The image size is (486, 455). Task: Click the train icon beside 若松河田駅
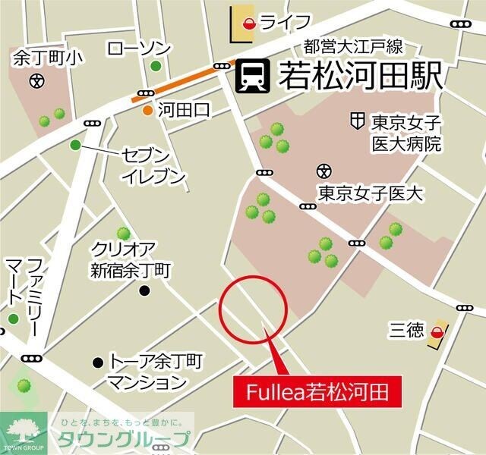pyautogui.click(x=251, y=76)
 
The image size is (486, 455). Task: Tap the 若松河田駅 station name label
pyautogui.click(x=356, y=76)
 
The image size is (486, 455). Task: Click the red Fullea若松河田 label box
pyautogui.click(x=314, y=392)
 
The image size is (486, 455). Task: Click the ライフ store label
pyautogui.click(x=286, y=22)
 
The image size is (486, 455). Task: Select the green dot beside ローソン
pyautogui.click(x=156, y=66)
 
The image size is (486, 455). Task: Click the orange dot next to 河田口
pyautogui.click(x=147, y=111)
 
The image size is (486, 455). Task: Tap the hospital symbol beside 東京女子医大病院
pyautogui.click(x=356, y=121)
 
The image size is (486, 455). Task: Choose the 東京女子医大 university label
pyautogui.click(x=370, y=193)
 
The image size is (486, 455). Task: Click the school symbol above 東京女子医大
pyautogui.click(x=323, y=170)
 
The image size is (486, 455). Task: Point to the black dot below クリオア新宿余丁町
pyautogui.click(x=145, y=290)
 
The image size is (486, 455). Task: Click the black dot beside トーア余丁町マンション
pyautogui.click(x=97, y=362)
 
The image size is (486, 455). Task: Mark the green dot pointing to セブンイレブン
pyautogui.click(x=74, y=145)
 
